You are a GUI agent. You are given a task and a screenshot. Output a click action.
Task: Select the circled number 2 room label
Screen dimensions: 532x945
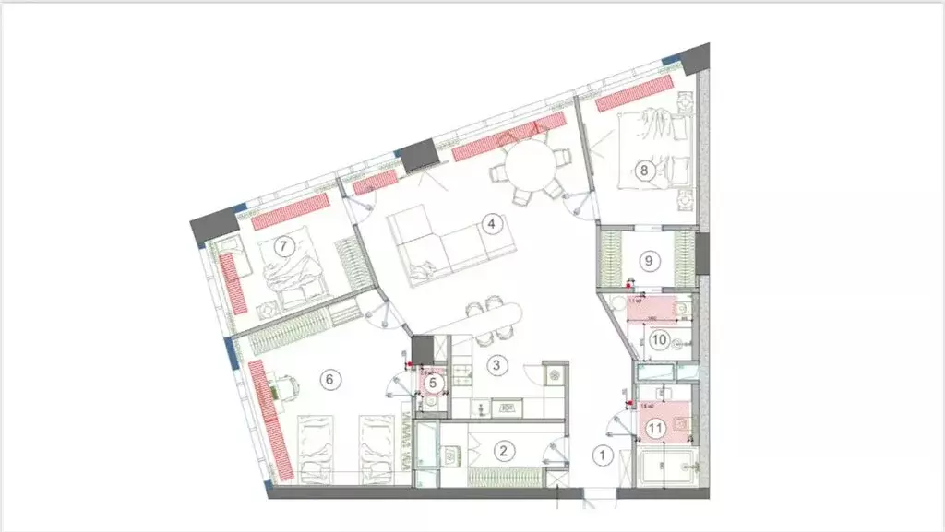[503, 451]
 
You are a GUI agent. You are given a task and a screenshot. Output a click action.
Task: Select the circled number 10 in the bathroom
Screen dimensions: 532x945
[659, 340]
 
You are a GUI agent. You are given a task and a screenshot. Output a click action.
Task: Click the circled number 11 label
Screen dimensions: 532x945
[656, 427]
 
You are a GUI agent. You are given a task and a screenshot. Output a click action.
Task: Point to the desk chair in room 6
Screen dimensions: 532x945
[288, 387]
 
